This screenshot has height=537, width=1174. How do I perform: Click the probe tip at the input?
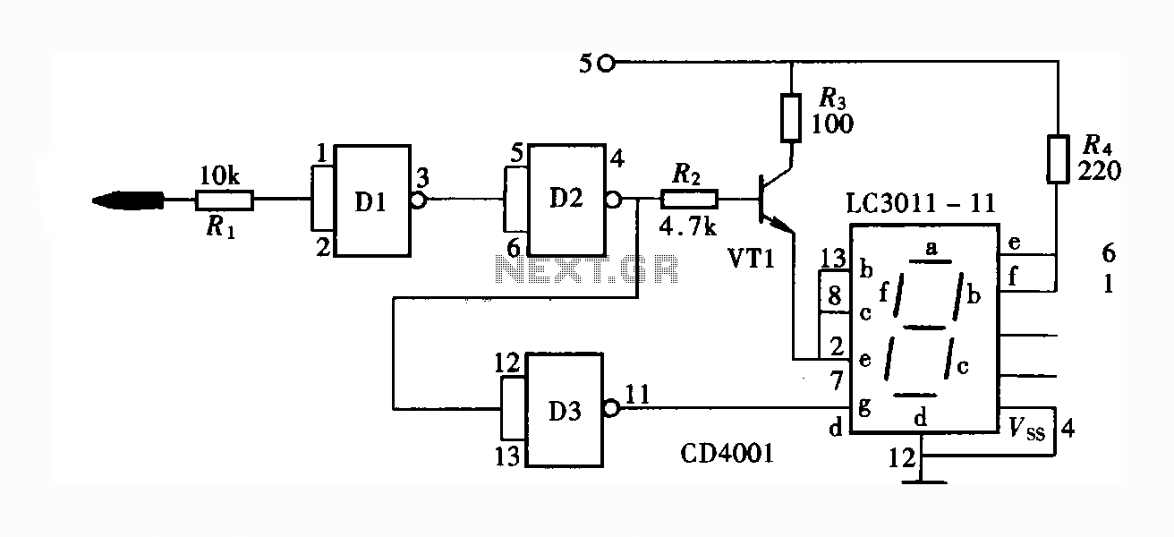point(127,200)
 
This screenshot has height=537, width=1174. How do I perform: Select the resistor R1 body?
point(225,200)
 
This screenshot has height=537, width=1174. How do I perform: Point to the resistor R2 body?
point(689,200)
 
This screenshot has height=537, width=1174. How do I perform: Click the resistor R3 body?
point(791,118)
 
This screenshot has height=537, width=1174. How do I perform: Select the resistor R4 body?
point(1058,159)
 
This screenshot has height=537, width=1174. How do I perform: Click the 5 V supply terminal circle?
point(607,64)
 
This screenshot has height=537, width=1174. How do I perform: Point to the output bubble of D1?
point(418,200)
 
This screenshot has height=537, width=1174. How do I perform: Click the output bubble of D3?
point(611,408)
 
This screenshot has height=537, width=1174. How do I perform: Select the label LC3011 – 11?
point(921,203)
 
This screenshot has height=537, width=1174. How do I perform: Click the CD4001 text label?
point(727,453)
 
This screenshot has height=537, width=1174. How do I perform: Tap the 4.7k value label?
point(687,226)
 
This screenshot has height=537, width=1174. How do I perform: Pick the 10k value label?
point(219,175)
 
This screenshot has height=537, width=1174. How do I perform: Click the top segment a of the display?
point(931,260)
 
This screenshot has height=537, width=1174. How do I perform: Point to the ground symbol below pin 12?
point(924,482)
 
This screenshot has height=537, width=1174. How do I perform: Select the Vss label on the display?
point(1026,430)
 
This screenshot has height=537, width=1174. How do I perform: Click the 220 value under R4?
point(1099,170)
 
